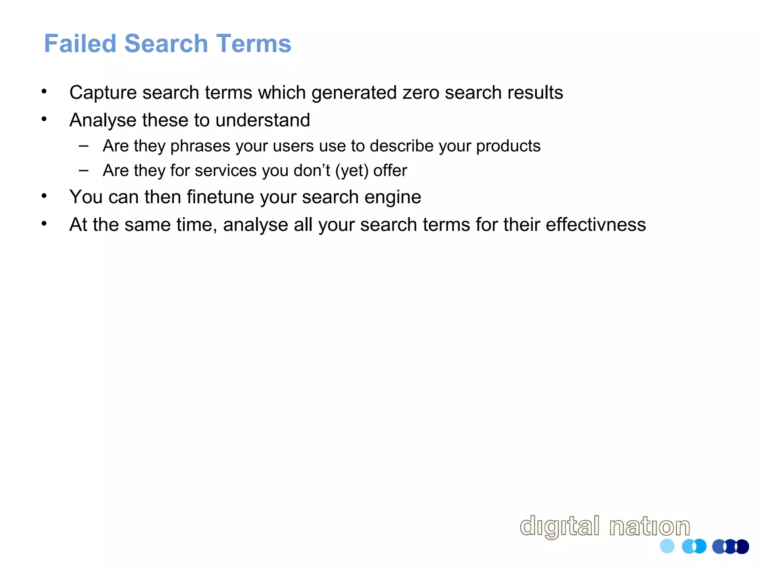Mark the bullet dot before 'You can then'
pyautogui.click(x=44, y=196)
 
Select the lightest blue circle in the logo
pyautogui.click(x=667, y=547)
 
